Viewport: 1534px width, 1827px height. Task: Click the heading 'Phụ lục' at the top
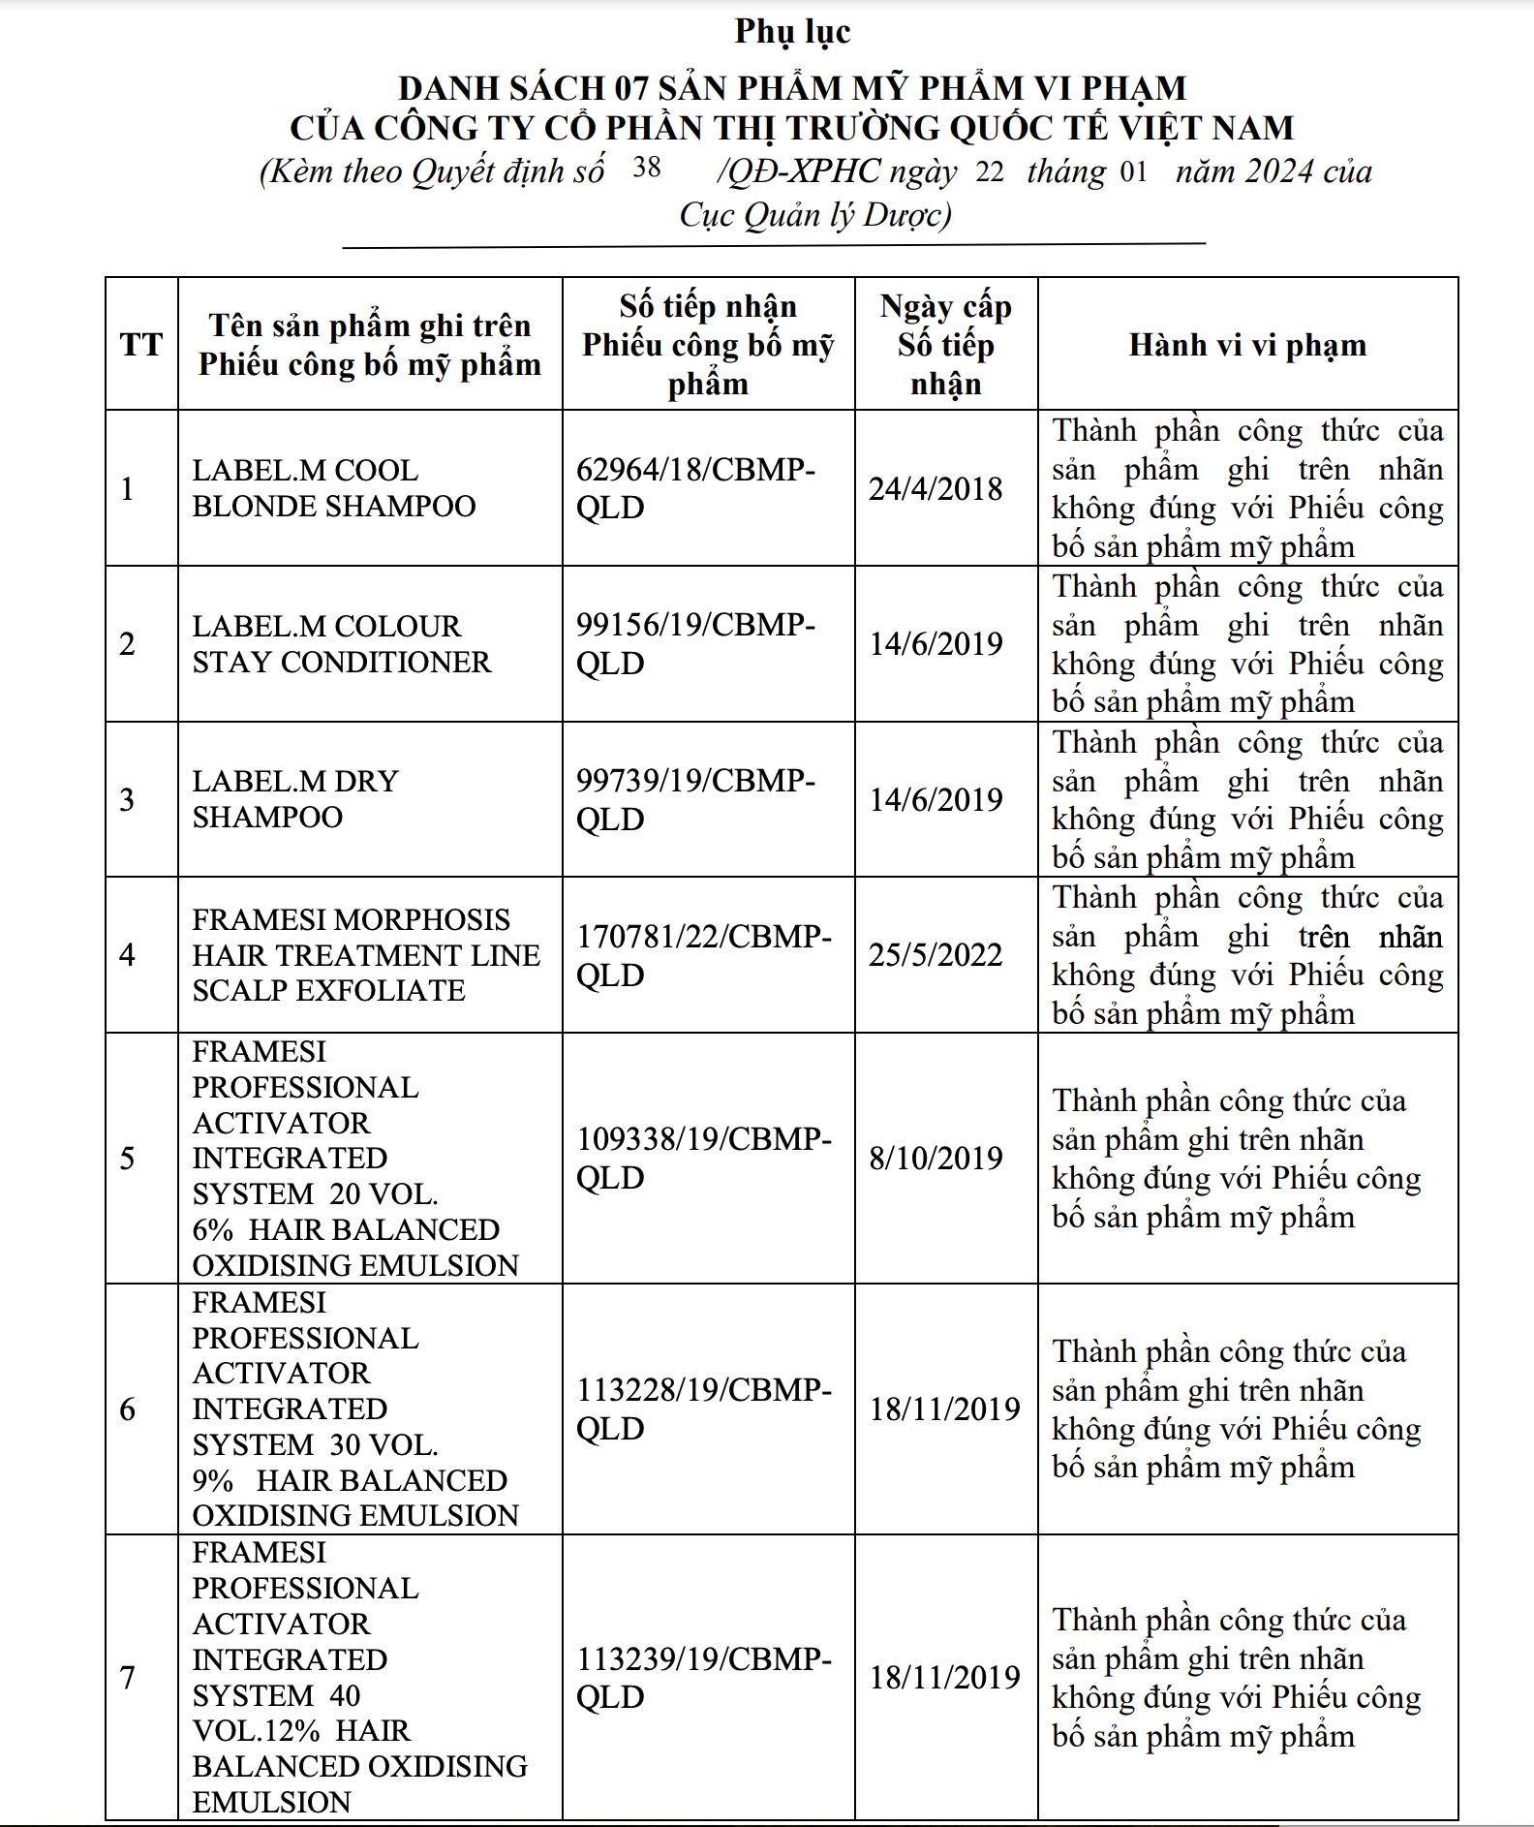pos(792,31)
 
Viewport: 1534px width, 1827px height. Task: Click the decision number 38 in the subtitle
pos(647,168)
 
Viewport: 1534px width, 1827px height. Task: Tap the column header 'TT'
pos(141,344)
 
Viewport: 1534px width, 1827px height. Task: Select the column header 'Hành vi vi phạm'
pos(1247,345)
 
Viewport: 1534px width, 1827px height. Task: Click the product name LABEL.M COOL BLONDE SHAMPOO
pos(334,488)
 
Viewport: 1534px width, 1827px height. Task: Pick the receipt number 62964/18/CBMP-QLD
pos(695,488)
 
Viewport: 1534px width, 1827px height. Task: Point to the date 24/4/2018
pos(936,488)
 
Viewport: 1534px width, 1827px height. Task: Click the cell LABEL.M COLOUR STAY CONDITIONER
pos(341,644)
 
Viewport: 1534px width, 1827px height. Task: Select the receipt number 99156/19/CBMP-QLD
pos(695,644)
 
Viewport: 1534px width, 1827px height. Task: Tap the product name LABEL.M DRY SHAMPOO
pos(295,799)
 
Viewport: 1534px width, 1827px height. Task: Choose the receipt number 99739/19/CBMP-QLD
pos(695,799)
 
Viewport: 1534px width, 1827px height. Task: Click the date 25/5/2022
pos(936,955)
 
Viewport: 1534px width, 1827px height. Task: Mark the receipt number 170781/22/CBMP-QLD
pos(704,955)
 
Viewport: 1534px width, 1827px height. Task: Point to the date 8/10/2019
pos(936,1158)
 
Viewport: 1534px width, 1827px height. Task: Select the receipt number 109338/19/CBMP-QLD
pos(704,1158)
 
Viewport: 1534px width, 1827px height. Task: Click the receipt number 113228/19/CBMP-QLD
pos(704,1409)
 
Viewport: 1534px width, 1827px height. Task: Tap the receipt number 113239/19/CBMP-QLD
pos(704,1677)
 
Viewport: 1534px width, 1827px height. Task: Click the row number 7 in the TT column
pos(127,1677)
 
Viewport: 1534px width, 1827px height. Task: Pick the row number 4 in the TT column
pos(127,955)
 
